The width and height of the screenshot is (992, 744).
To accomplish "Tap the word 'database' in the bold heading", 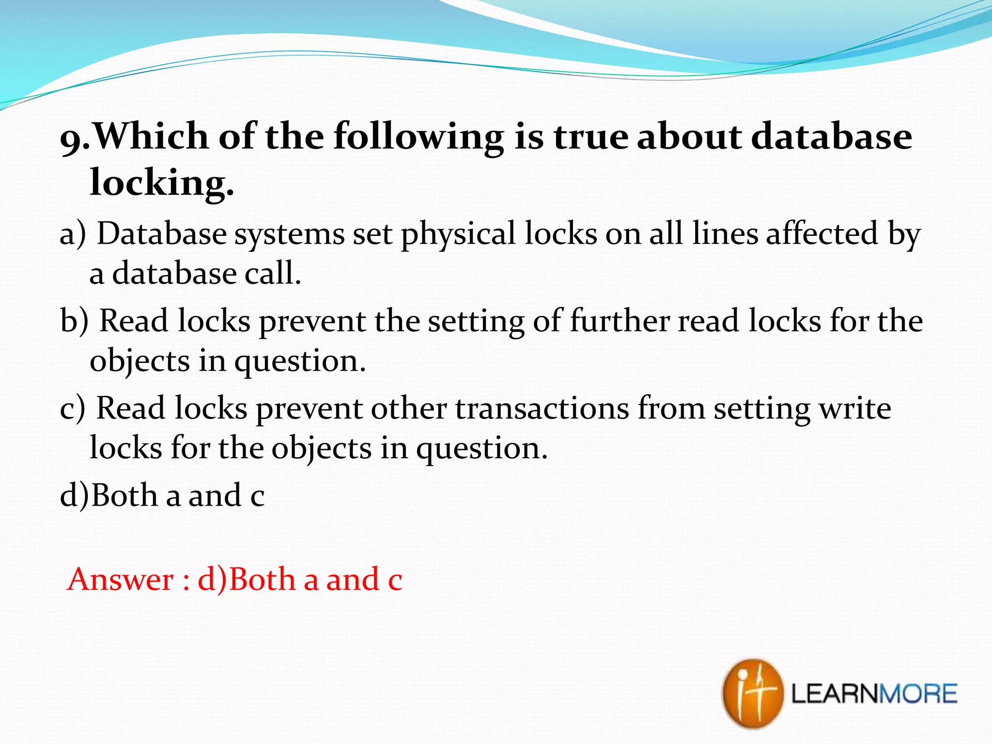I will point(831,136).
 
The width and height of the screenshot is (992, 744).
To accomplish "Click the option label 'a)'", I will point(73,234).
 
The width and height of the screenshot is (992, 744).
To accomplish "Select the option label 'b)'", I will point(74,321).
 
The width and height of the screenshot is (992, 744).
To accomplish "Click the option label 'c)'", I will point(72,408).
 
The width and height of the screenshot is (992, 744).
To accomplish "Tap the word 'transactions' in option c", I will point(542,408).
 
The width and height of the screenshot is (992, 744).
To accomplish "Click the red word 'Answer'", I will point(120,579).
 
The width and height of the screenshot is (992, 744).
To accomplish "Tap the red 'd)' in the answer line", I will point(212,579).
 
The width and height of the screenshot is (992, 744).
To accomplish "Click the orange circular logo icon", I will point(752,693).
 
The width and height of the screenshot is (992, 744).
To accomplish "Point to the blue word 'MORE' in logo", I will point(918,694).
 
